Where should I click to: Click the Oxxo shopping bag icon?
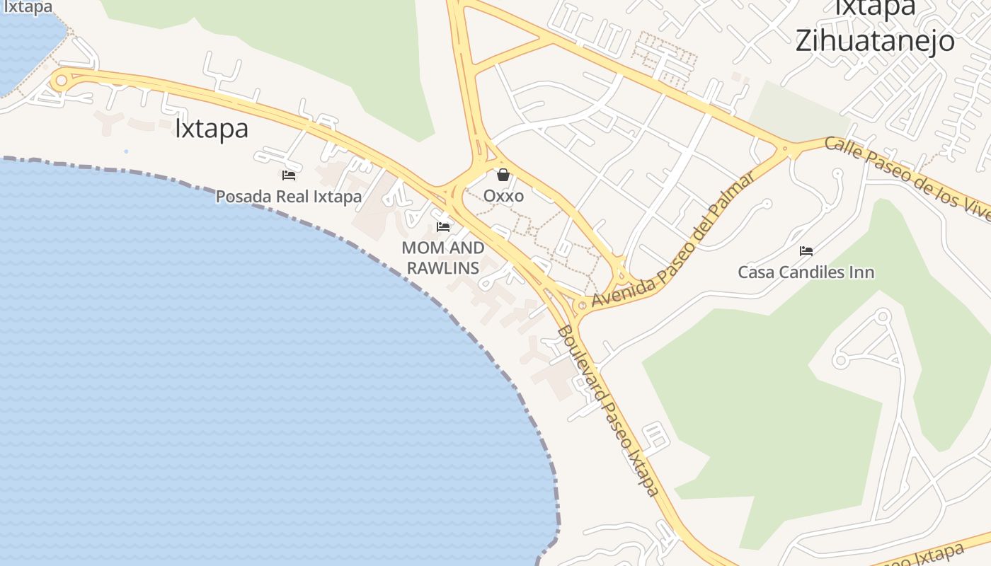(x=503, y=174)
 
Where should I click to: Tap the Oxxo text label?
(x=503, y=195)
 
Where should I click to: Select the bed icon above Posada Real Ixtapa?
(x=288, y=175)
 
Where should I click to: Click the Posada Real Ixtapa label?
(x=288, y=196)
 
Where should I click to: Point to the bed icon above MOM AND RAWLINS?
(x=443, y=227)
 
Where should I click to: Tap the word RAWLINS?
(x=443, y=268)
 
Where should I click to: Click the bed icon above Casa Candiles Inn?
(x=806, y=250)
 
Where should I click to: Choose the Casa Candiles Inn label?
(x=806, y=272)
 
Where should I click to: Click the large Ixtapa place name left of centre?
(x=211, y=129)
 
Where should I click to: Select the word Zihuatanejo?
(x=875, y=40)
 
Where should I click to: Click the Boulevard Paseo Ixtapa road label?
(x=608, y=410)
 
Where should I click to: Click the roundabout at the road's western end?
(x=61, y=80)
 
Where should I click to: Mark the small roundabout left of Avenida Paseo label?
(x=581, y=305)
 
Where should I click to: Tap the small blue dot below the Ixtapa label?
(x=126, y=151)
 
